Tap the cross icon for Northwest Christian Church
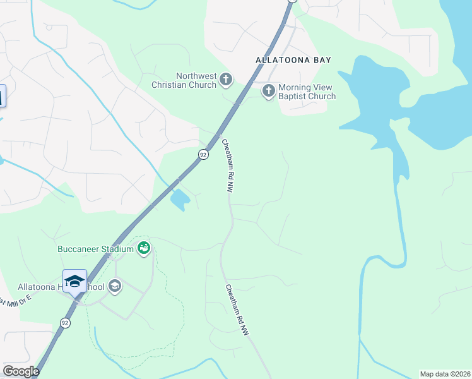point(226,80)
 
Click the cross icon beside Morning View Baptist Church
point(268,91)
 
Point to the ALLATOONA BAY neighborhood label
point(293,60)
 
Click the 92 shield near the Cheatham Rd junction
point(203,154)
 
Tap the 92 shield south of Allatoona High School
point(65,322)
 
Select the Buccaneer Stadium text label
point(95,249)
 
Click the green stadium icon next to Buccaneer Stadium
point(144,248)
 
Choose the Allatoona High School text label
point(50,287)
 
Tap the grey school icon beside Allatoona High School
point(114,287)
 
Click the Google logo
point(21,371)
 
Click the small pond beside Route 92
point(179,200)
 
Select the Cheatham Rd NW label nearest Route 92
point(227,165)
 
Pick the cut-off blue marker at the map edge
point(2,96)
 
